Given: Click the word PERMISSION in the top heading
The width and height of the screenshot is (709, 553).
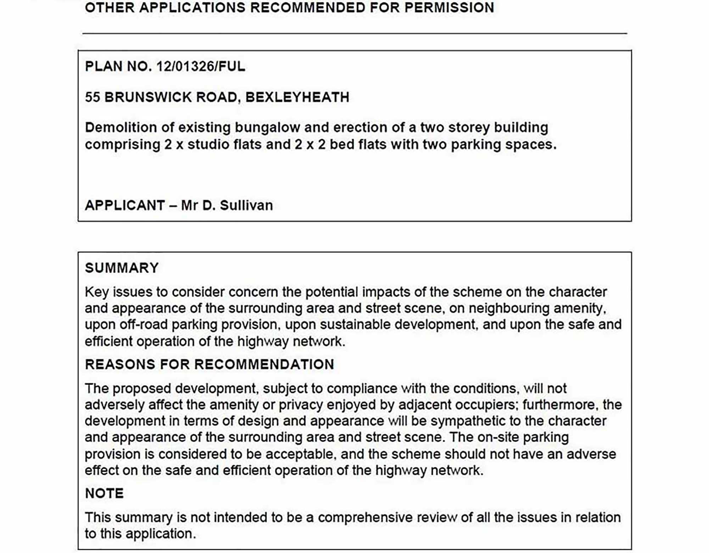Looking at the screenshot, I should coord(449,7).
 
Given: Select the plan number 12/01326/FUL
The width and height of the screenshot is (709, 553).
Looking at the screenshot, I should coord(201,66).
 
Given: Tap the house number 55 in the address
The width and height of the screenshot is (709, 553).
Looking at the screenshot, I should coord(92,97).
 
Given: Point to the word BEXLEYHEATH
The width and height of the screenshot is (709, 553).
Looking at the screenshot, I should coord(297,97).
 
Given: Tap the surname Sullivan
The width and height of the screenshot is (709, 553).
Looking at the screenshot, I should coord(246,205).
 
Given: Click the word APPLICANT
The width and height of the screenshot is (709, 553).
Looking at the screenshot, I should coord(125,205).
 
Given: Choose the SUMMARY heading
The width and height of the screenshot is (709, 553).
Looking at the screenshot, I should coord(122,268).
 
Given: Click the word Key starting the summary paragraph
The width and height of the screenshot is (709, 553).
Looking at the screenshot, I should coord(97,292).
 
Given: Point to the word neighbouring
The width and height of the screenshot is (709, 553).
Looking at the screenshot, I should coord(509,309).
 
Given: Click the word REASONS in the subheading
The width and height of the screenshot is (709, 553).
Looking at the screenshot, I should coord(120,364).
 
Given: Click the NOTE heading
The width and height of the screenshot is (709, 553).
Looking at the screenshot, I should coord(104,493).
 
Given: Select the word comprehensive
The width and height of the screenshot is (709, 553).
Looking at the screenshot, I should coord(365,518).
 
